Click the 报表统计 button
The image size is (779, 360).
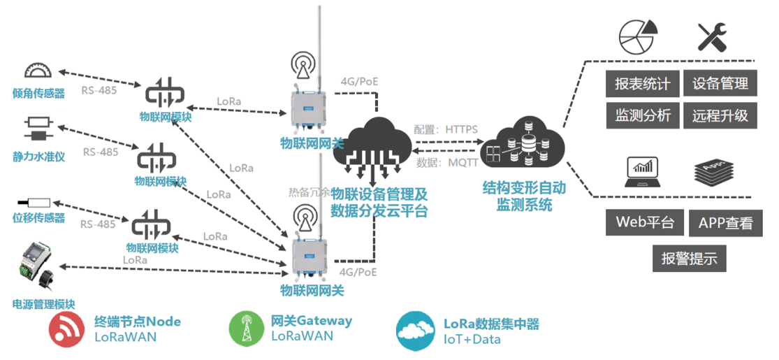coord(642,85)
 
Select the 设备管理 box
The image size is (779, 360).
coord(720,85)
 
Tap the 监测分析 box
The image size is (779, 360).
coord(642,115)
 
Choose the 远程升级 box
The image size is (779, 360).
coord(720,115)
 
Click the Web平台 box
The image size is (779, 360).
coord(644,223)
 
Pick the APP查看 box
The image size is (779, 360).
coord(725,224)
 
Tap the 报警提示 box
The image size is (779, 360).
coord(689,258)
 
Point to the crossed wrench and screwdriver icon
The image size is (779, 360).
coord(713,36)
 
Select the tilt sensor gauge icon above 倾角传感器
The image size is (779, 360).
coord(38,71)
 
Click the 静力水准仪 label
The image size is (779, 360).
coord(38,157)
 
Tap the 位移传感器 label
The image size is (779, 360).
coord(38,218)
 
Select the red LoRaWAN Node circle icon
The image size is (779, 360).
coord(68,330)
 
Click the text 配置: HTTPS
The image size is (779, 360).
coord(445,130)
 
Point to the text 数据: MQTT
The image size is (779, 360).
coord(446,162)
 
